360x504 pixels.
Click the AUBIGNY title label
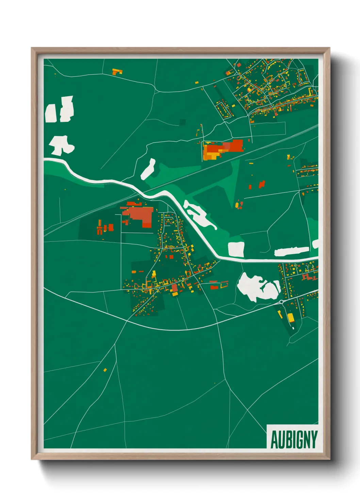click(x=294, y=439)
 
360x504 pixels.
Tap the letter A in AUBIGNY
click(x=274, y=440)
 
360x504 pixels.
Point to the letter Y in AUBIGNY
click(x=313, y=440)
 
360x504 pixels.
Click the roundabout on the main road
click(x=281, y=302)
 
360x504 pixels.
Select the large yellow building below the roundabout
click(x=290, y=318)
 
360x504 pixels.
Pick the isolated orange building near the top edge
click(x=117, y=72)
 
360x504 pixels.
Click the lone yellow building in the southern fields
click(x=105, y=369)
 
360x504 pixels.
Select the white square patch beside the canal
click(x=236, y=249)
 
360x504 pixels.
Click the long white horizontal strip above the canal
click(x=292, y=252)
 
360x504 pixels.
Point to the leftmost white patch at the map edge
click(x=50, y=113)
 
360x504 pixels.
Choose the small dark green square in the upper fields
click(x=183, y=122)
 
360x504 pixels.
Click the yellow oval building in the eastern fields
click(x=237, y=205)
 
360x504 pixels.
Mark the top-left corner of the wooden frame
click(x=32, y=48)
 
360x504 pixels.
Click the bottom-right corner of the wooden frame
click(x=329, y=459)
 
